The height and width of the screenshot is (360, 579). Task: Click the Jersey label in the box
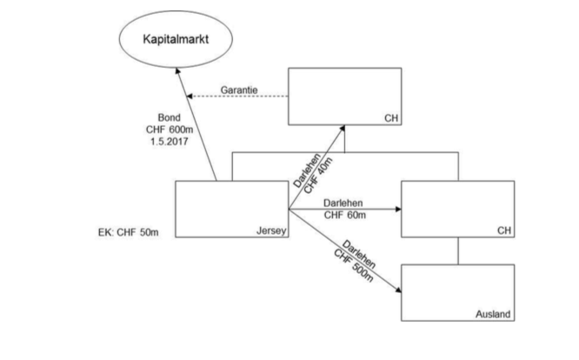[270, 231]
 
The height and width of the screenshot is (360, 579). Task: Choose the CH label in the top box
[389, 117]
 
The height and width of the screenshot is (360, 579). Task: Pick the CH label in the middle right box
[502, 231]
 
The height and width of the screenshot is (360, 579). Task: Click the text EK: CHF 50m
[133, 233]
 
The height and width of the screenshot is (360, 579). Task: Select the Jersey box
[230, 209]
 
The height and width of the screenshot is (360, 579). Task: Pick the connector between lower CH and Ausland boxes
[459, 250]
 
